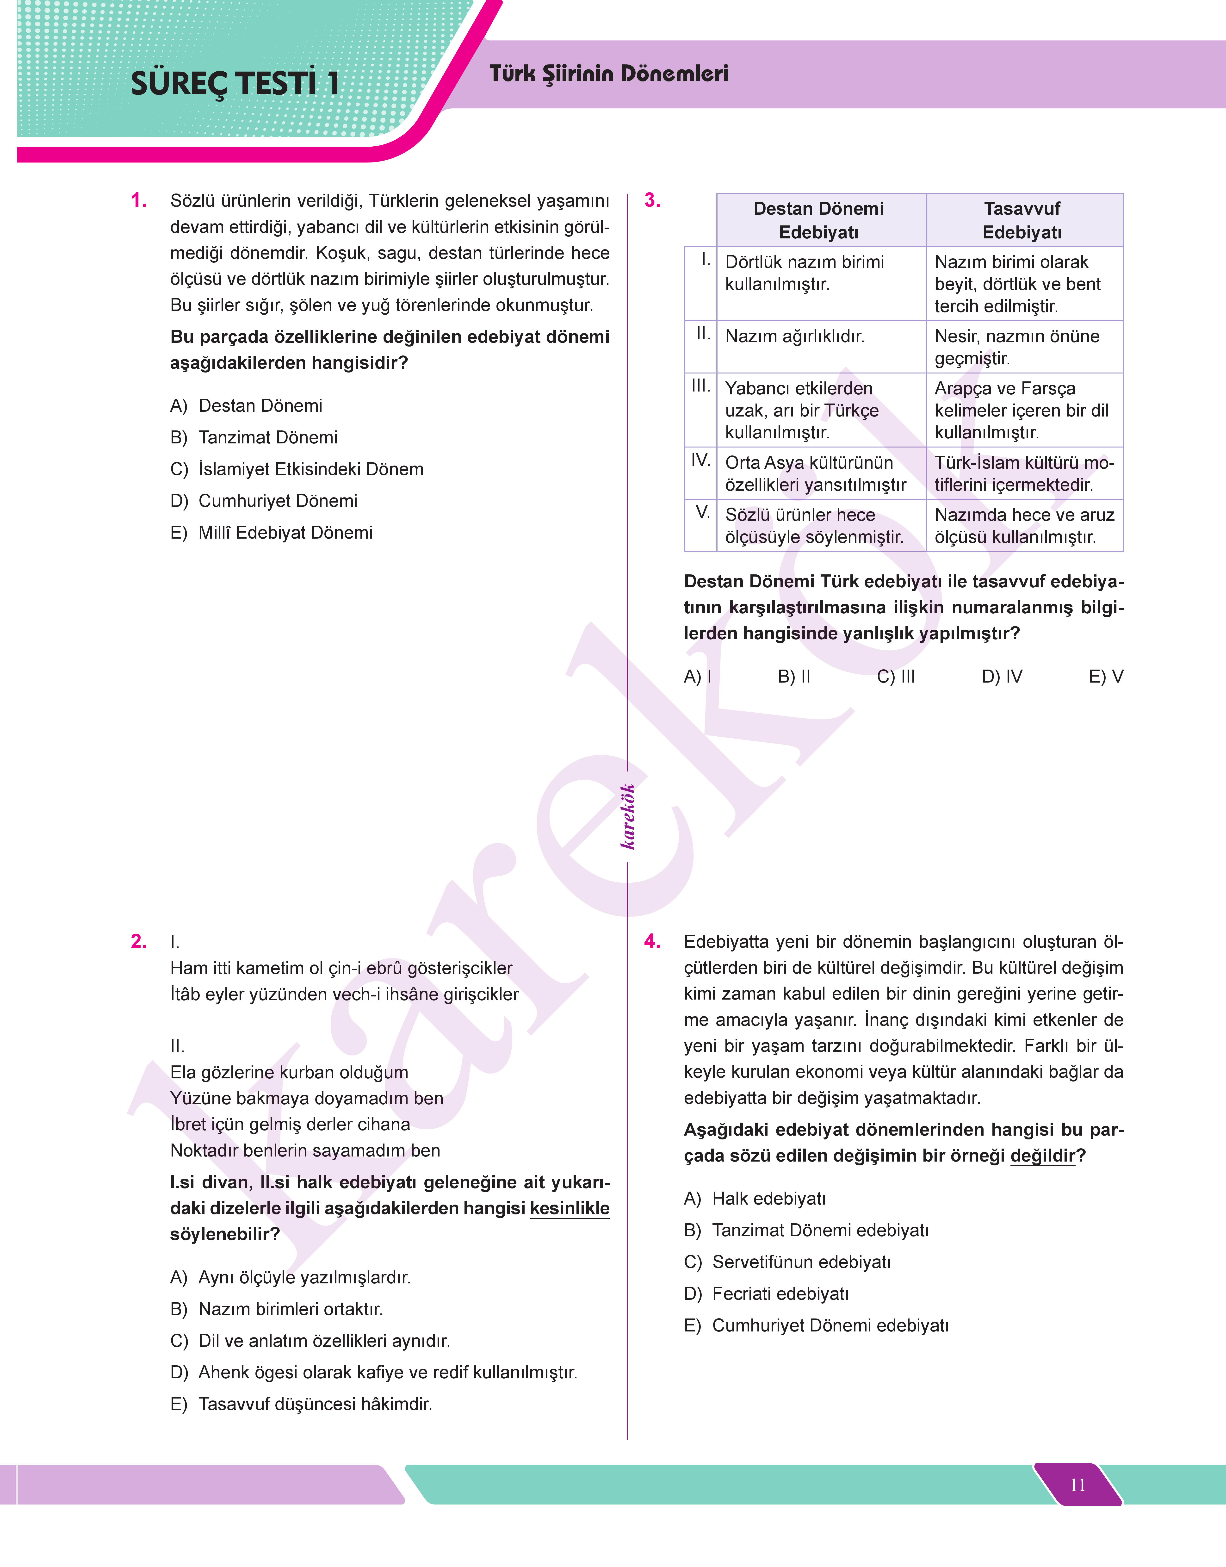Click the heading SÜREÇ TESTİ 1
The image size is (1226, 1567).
coord(235,83)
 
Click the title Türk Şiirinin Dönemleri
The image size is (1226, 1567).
coord(609,74)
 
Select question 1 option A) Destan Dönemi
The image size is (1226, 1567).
coord(246,405)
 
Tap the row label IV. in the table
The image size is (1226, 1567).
coord(700,460)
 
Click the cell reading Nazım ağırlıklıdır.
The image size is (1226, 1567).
coord(795,336)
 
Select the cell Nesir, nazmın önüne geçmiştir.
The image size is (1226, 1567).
coord(1016,347)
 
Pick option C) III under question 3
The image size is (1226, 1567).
coord(896,676)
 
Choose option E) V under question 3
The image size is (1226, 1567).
coord(1105,676)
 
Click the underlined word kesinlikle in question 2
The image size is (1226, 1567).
coord(569,1208)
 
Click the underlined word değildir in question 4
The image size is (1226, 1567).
coord(1042,1156)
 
